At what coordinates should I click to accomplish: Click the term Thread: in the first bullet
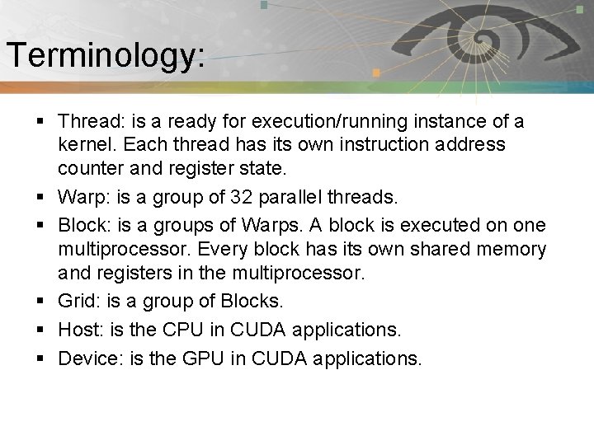(91, 122)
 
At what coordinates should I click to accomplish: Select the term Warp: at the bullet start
(82, 198)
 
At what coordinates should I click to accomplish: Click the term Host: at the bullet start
(80, 330)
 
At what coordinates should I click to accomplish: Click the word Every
(218, 249)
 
